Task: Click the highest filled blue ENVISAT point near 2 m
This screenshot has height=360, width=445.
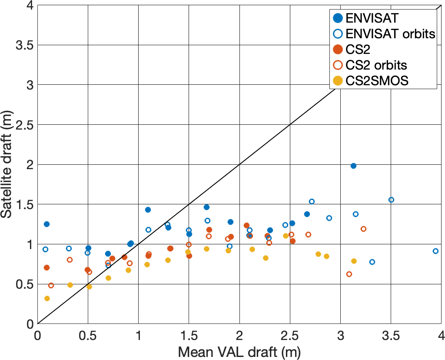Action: point(353,166)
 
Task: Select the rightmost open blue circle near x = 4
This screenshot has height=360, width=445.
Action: point(435,251)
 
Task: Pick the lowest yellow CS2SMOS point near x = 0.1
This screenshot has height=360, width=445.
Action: point(47,298)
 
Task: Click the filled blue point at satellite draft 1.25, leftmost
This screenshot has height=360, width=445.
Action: point(46,224)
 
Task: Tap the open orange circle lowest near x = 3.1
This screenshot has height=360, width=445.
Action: point(349,274)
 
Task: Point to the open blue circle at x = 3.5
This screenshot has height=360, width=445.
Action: point(391,200)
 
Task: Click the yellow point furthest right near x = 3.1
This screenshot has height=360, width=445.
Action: point(354,261)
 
